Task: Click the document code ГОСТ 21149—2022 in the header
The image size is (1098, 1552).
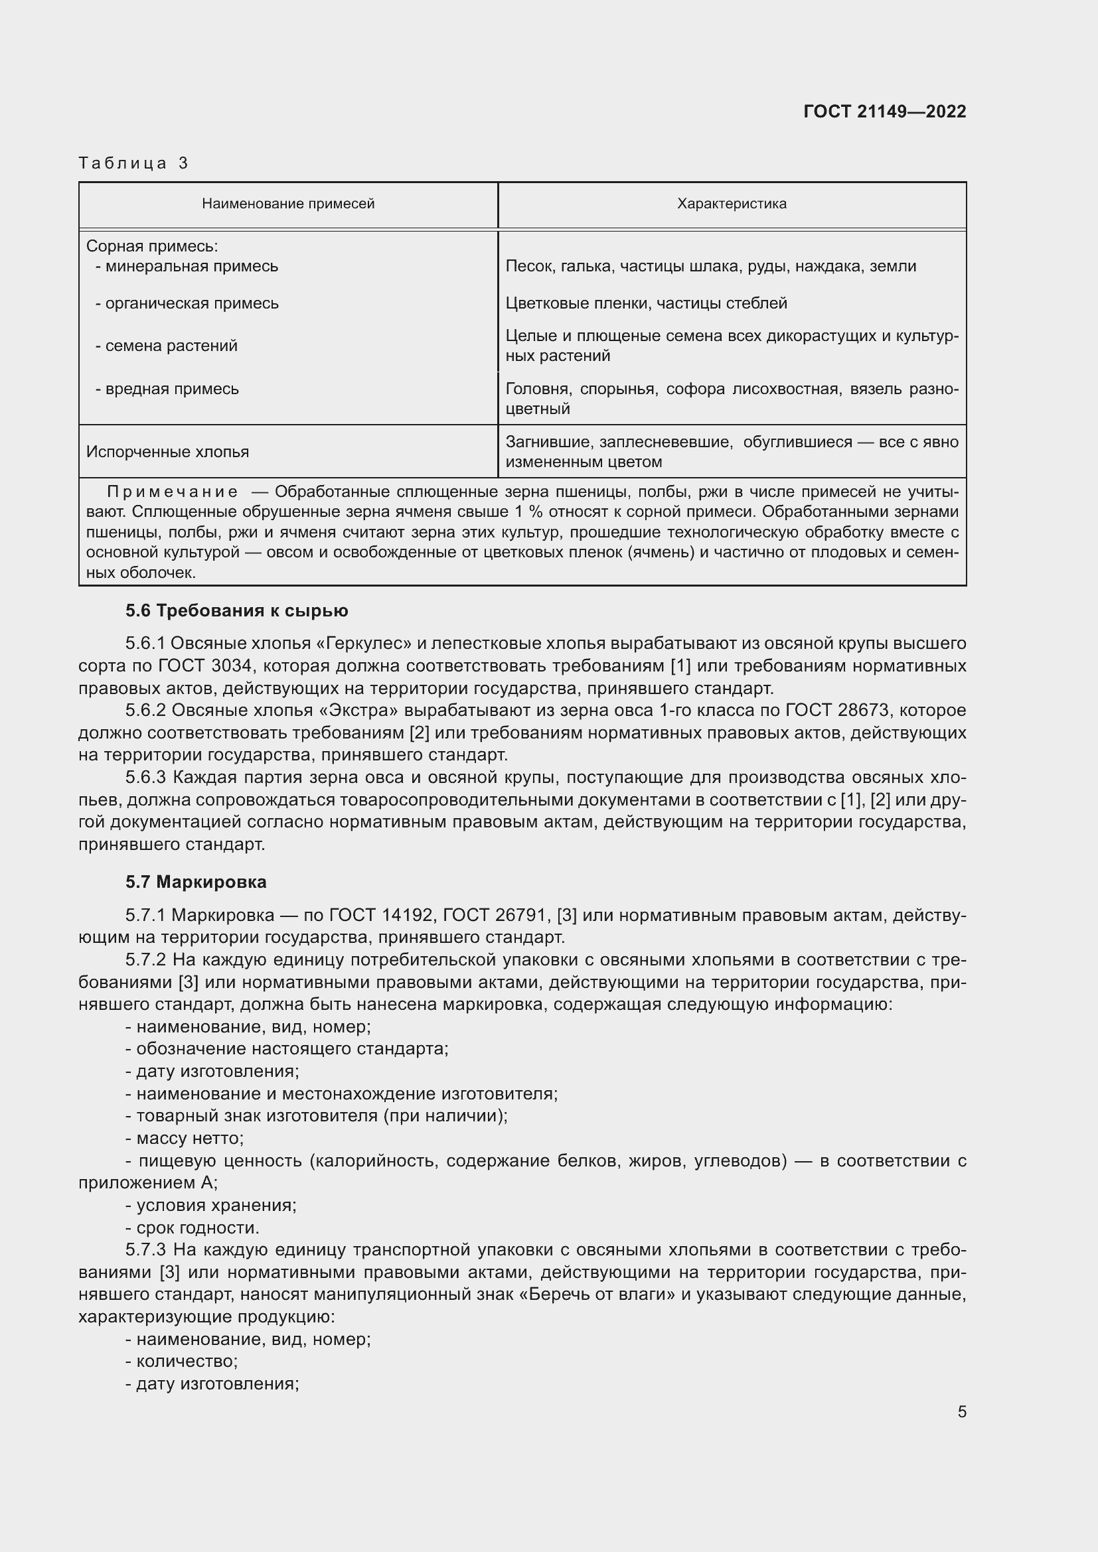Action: pyautogui.click(x=884, y=111)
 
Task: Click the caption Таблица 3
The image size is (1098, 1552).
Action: pyautogui.click(x=133, y=163)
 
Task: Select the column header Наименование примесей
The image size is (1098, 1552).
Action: pyautogui.click(x=288, y=204)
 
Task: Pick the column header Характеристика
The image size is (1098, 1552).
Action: pyautogui.click(x=732, y=204)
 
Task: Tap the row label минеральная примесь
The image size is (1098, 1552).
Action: pyautogui.click(x=191, y=266)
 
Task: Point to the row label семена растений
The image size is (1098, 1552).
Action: pyautogui.click(x=171, y=346)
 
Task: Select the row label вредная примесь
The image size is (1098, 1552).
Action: pyautogui.click(x=172, y=389)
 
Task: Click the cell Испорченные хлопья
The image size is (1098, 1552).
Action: pyautogui.click(x=168, y=453)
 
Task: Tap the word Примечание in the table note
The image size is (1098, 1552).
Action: pyautogui.click(x=173, y=492)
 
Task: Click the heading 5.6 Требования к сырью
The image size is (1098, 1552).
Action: pyautogui.click(x=236, y=611)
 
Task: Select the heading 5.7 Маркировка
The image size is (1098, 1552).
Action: pyautogui.click(x=196, y=882)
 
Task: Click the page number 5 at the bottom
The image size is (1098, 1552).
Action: pyautogui.click(x=961, y=1412)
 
